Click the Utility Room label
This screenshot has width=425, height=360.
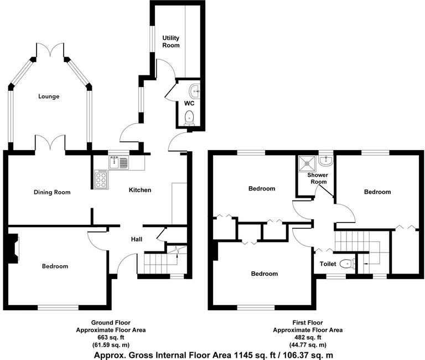point(170,42)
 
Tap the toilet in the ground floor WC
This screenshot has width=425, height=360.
point(189,116)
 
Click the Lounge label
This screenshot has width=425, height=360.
point(49,96)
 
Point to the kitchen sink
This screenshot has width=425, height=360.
point(118,162)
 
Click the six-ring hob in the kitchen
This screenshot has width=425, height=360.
point(101,180)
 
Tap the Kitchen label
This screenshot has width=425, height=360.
point(140,190)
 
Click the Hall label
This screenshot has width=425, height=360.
point(137,239)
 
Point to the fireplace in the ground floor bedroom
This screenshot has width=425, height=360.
point(13,247)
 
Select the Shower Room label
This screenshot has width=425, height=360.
point(318,179)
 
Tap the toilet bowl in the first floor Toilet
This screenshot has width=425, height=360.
point(346,264)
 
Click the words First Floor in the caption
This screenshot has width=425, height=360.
point(308,322)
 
